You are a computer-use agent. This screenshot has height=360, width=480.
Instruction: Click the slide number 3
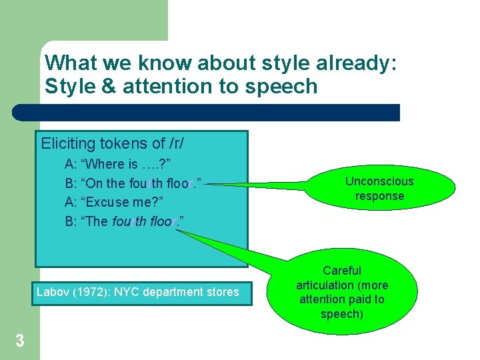point(20,341)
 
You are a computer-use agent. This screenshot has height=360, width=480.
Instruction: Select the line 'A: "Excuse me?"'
point(114,202)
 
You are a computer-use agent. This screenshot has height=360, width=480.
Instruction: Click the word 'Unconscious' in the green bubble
point(379,181)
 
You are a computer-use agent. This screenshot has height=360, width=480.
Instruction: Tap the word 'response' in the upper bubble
point(379,196)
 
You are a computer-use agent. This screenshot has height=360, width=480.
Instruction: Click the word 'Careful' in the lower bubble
point(341,271)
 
